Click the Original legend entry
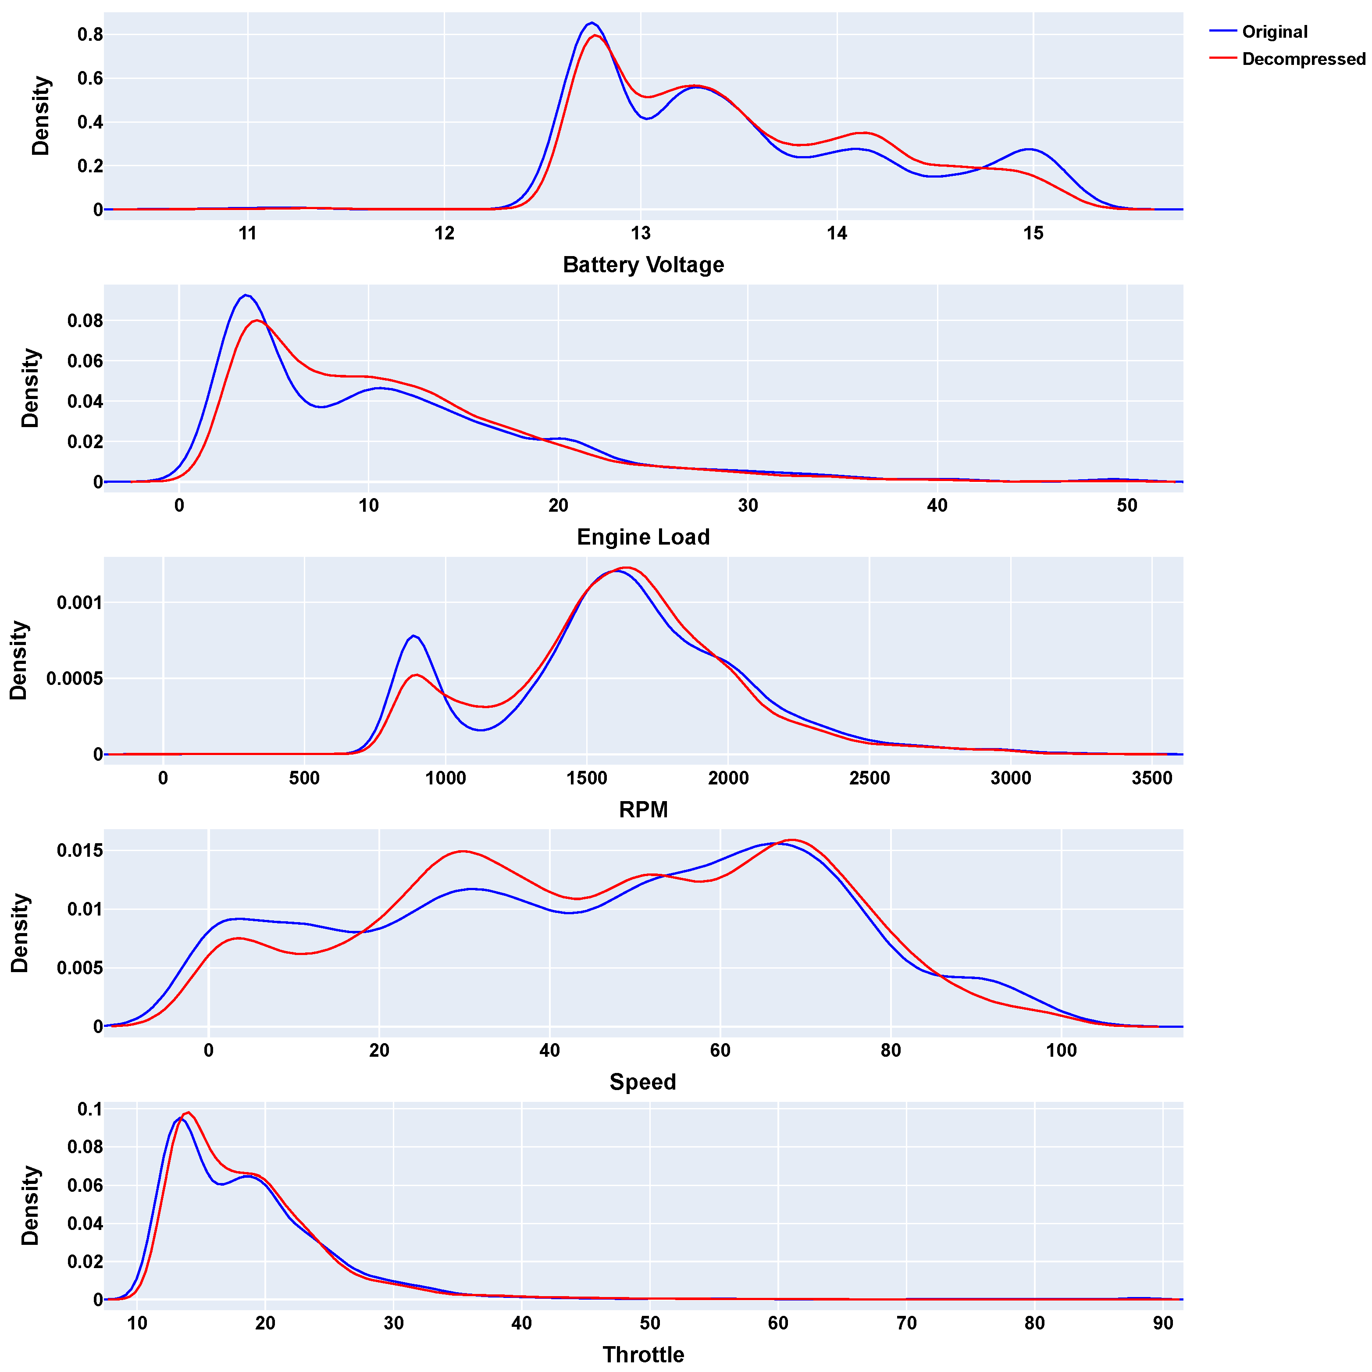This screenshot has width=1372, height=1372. click(1274, 32)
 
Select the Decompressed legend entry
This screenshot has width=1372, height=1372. click(1303, 59)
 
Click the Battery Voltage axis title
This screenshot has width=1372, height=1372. click(643, 265)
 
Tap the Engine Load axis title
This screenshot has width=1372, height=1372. click(643, 537)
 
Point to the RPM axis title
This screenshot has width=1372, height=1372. click(643, 809)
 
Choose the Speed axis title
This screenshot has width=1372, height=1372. click(643, 1082)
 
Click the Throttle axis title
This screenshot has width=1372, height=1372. click(643, 1354)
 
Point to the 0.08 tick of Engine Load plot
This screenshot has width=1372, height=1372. click(85, 321)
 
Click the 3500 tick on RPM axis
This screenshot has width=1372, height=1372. click(1152, 778)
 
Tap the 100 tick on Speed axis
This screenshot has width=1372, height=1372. click(1061, 1050)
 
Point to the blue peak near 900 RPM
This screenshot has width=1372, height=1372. click(413, 636)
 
